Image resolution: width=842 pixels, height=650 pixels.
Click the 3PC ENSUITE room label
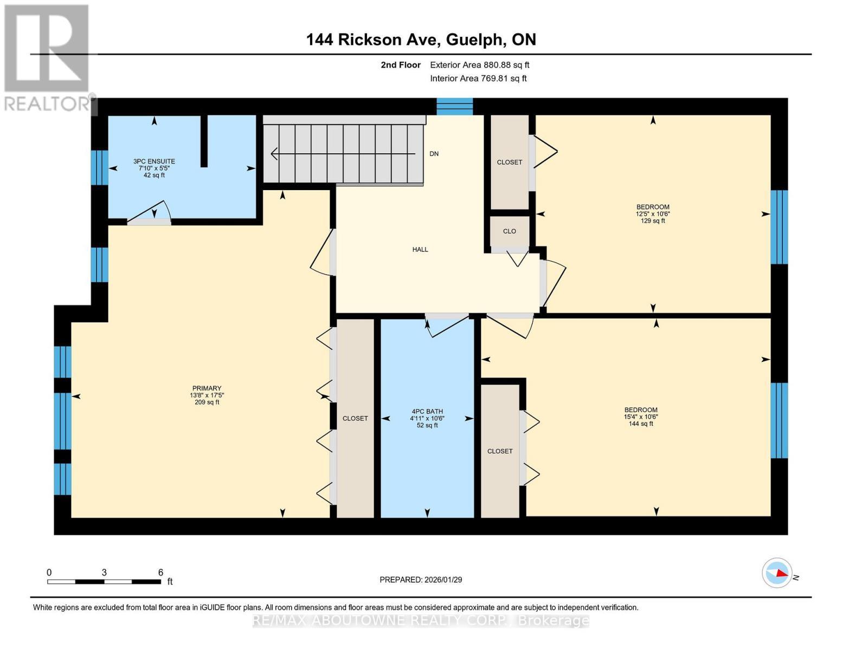click(154, 161)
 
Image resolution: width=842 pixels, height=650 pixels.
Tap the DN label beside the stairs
click(434, 154)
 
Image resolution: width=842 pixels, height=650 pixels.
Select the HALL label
click(420, 250)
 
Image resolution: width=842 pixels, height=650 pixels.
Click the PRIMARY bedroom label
click(207, 388)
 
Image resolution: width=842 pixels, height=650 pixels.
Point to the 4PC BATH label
click(427, 412)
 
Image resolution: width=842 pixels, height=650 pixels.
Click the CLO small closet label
click(509, 231)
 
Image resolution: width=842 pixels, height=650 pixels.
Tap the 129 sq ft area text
click(653, 220)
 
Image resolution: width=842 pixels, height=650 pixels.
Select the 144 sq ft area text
click(641, 424)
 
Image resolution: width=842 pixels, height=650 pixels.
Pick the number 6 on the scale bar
click(160, 572)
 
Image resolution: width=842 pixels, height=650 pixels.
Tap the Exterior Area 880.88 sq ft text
click(480, 65)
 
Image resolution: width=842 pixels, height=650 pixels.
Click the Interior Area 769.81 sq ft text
click(479, 79)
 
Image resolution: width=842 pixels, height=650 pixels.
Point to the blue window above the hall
click(454, 107)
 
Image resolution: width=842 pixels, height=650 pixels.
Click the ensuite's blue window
click(100, 167)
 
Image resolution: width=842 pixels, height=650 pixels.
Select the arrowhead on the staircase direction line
click(275, 154)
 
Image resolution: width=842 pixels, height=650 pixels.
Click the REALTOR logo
click(48, 58)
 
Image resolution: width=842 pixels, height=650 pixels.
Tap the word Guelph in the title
click(475, 40)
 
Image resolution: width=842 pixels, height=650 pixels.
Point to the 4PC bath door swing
click(447, 325)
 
